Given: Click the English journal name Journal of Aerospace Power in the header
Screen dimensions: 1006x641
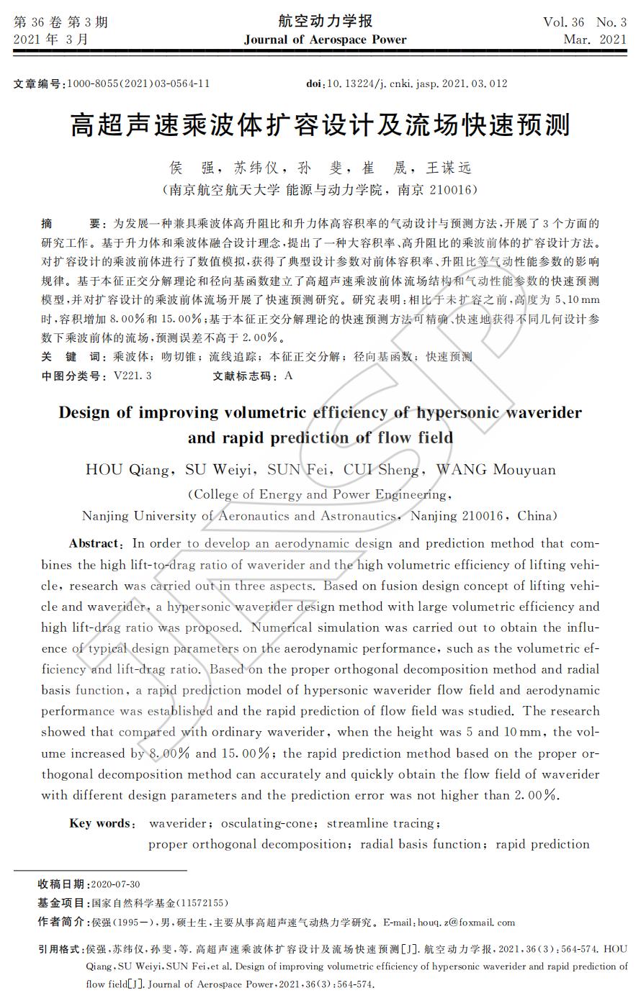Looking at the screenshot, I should tap(325, 40).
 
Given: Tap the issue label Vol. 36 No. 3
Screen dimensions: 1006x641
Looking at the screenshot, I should tap(584, 22).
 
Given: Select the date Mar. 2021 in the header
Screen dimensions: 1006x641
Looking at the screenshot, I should tap(595, 40).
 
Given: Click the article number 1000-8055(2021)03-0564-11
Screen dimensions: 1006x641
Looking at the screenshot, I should tap(138, 83).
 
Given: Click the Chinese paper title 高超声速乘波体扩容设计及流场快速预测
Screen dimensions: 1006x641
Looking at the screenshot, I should tap(320, 125).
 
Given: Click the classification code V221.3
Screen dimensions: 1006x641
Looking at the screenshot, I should tap(133, 376).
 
